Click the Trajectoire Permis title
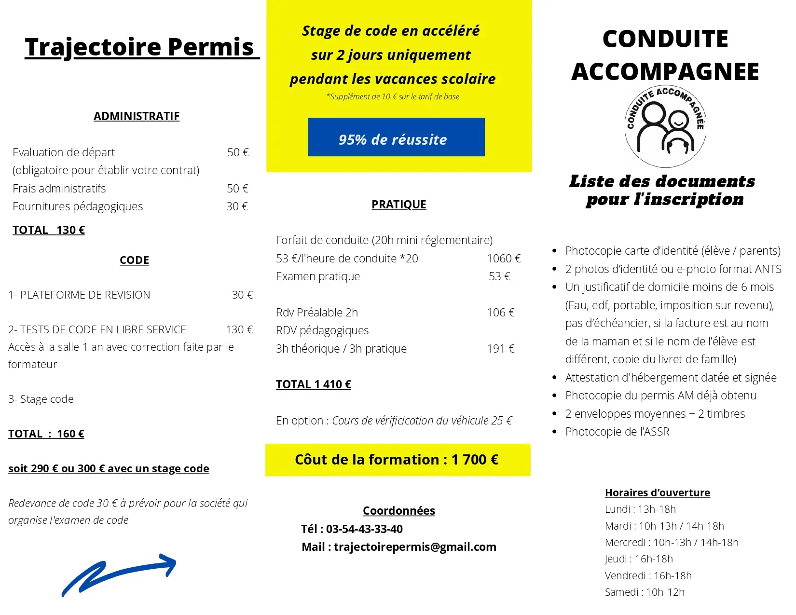coord(140,47)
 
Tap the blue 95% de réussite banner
coord(396,137)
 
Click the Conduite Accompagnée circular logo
coord(665,127)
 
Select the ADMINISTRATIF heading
coord(137,116)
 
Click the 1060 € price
coord(504,259)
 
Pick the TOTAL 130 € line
coord(49,230)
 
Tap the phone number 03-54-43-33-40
coord(364,529)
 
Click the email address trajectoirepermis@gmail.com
coord(415,547)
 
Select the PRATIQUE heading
coord(399,205)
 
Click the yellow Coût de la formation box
coord(398,460)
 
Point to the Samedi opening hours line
coord(645,592)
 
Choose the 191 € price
coord(501,349)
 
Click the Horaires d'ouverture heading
coord(657,492)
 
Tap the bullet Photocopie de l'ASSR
coord(617,432)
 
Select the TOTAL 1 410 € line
coord(314,384)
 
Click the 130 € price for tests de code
coord(239,330)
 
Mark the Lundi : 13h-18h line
coord(640,509)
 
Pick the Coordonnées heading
coord(399,511)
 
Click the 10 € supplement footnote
coord(393,97)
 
